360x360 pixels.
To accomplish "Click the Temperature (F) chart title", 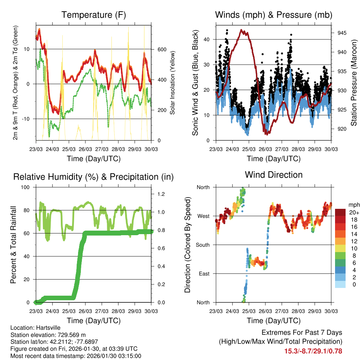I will pyautogui.click(x=94, y=15).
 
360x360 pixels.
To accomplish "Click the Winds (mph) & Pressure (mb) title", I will pyautogui.click(x=274, y=15).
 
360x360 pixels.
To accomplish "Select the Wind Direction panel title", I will pyautogui.click(x=274, y=175).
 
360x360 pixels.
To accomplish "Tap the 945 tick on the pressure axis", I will pyautogui.click(x=342, y=33).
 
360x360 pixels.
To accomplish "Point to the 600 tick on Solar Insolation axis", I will pyautogui.click(x=161, y=49).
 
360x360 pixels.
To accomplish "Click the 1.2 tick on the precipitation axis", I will pyautogui.click(x=161, y=194).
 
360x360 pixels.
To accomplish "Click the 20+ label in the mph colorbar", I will pyautogui.click(x=354, y=212).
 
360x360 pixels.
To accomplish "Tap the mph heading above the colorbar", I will pyautogui.click(x=354, y=205).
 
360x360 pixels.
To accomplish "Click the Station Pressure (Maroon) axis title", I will pyautogui.click(x=354, y=82).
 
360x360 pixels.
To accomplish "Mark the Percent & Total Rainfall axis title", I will pyautogui.click(x=13, y=245).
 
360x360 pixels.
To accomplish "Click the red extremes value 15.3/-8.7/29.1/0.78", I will pyautogui.click(x=313, y=351).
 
